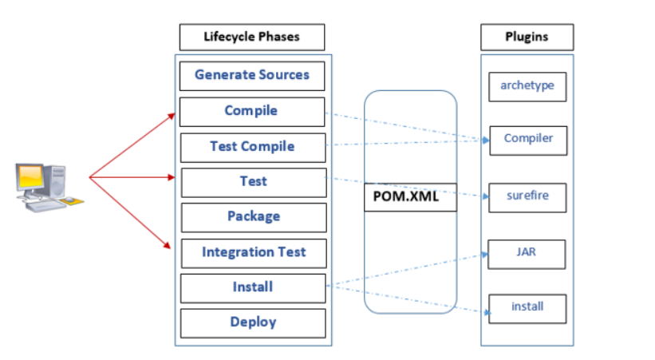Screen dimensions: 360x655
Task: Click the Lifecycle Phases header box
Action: (x=251, y=38)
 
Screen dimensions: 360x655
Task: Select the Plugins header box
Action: (x=527, y=38)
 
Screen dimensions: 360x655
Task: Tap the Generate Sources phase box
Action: (x=251, y=76)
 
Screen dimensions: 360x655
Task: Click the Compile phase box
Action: (x=251, y=111)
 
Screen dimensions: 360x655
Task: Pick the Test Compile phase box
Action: (x=252, y=147)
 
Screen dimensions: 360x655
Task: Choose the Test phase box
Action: (x=254, y=182)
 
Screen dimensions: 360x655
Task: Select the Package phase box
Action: (x=254, y=216)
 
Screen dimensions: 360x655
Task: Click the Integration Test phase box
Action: (x=254, y=252)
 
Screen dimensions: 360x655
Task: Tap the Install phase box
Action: (x=253, y=287)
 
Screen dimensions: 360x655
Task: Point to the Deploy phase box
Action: (x=253, y=322)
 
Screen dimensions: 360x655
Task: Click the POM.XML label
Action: (x=410, y=196)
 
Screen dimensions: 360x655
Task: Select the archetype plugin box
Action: (x=527, y=86)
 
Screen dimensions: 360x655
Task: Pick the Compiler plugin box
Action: (x=528, y=139)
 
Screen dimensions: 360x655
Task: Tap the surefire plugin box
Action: (x=528, y=196)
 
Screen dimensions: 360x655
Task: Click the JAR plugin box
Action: (x=527, y=253)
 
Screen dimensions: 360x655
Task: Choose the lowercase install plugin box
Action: (x=527, y=307)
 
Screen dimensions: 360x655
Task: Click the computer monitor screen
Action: (x=32, y=178)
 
